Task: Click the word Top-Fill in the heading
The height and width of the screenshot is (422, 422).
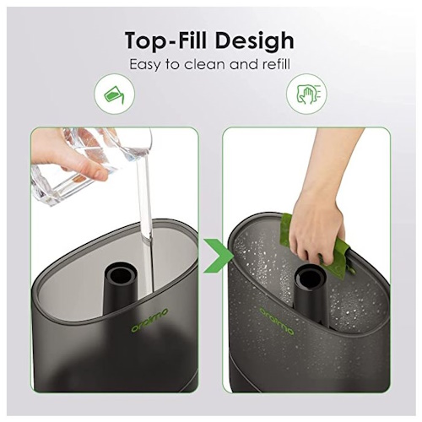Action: [166, 41]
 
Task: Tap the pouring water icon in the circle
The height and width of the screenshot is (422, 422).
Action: [114, 95]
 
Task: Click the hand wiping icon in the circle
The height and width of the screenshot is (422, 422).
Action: [306, 94]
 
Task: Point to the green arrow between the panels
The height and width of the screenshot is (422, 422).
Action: [218, 256]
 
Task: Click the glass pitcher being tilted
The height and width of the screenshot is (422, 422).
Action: [91, 163]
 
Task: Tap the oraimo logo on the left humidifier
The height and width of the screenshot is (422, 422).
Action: [150, 320]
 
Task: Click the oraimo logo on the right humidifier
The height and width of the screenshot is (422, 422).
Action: [277, 321]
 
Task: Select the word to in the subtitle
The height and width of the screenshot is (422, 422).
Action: [172, 65]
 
